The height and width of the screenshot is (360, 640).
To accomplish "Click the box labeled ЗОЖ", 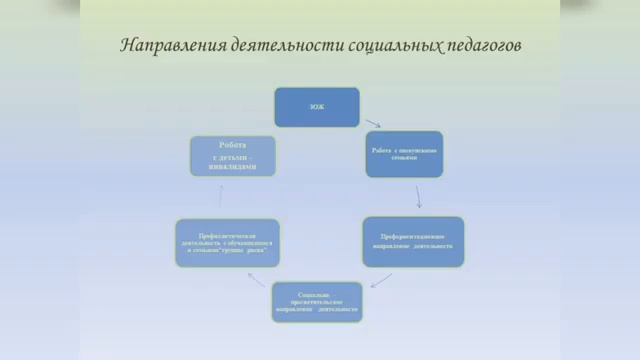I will pos(316,106).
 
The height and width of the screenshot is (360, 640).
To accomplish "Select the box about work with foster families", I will pos(403,154).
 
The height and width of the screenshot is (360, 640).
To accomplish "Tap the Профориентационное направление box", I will pos(413,241).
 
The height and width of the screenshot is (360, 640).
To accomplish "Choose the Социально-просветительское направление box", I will pos(316,301).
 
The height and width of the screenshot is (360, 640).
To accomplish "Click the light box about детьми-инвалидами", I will pos(232,156).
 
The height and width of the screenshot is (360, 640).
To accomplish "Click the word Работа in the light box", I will pos(232,146).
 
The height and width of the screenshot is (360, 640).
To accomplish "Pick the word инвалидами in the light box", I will pos(232,167).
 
